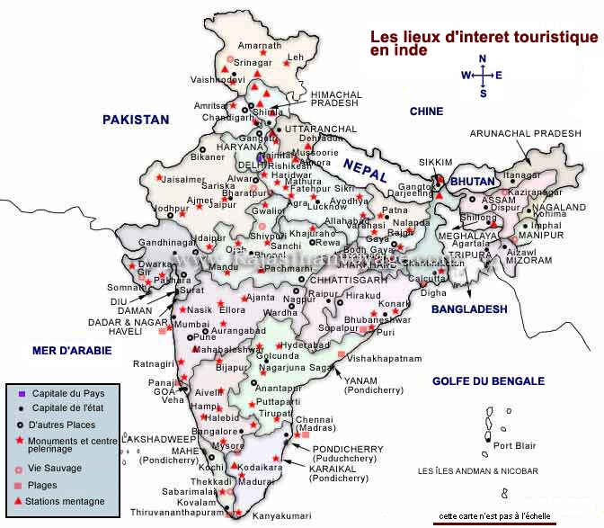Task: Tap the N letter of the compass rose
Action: (483, 59)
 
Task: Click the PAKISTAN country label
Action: (135, 119)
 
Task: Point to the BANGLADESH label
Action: (468, 309)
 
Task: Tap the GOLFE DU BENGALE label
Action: (488, 380)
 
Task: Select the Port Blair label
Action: (515, 445)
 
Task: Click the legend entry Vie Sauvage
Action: (55, 469)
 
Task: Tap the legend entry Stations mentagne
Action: (66, 501)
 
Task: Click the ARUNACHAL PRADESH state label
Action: (526, 133)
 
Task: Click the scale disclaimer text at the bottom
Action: (496, 517)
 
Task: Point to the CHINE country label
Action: (426, 112)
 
